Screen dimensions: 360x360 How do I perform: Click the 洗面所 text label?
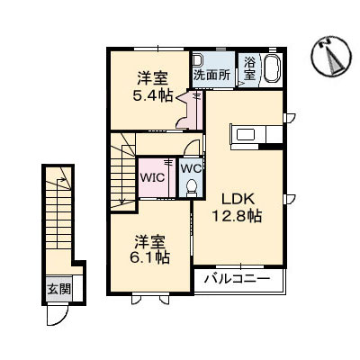(x=212, y=76)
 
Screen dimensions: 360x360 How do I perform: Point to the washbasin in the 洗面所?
(x=198, y=60)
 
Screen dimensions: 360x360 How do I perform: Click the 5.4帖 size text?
(x=148, y=97)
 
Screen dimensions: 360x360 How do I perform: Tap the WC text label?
(x=191, y=167)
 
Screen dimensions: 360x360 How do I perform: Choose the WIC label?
(x=150, y=177)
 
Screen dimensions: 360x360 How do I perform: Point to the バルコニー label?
(x=236, y=280)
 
